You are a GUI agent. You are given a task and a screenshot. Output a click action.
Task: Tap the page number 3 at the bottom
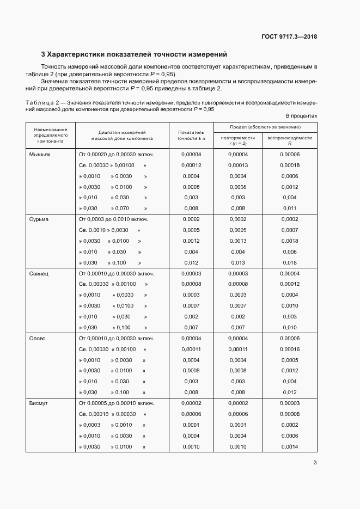click(x=315, y=463)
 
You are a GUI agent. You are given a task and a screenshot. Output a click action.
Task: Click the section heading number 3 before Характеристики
click(x=44, y=54)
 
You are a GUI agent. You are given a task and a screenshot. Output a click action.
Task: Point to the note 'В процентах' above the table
click(x=301, y=116)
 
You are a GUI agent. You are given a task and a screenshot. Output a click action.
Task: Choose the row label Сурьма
click(x=39, y=219)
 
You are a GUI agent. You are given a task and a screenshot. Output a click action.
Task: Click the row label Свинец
click(x=39, y=273)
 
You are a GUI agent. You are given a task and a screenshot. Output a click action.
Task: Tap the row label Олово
click(x=38, y=338)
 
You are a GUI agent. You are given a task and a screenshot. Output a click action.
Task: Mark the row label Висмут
click(x=39, y=403)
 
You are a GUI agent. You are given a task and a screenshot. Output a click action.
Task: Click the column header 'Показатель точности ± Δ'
click(x=191, y=136)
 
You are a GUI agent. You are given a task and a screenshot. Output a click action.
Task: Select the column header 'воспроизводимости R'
click(x=290, y=140)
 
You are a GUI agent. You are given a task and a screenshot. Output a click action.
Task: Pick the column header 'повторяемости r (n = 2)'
click(x=238, y=140)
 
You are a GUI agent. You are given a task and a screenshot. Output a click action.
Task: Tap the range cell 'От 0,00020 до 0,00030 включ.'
click(x=117, y=155)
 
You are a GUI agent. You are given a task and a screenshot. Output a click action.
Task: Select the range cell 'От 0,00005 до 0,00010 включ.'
click(x=117, y=403)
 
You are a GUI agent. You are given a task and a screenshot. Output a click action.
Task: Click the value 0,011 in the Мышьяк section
click(x=290, y=208)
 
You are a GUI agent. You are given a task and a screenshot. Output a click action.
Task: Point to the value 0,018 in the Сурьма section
click(x=290, y=262)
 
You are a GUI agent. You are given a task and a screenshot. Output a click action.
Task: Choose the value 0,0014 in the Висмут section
click(x=290, y=447)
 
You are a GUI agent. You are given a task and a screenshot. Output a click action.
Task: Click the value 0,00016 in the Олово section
click(x=290, y=349)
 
